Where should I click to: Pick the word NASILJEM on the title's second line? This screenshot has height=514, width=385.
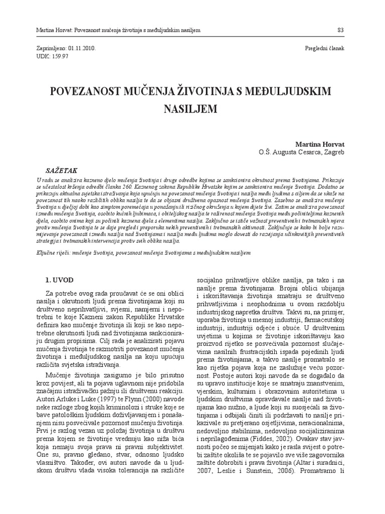click(x=192, y=108)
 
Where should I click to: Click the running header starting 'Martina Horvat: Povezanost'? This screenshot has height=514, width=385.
click(x=118, y=30)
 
